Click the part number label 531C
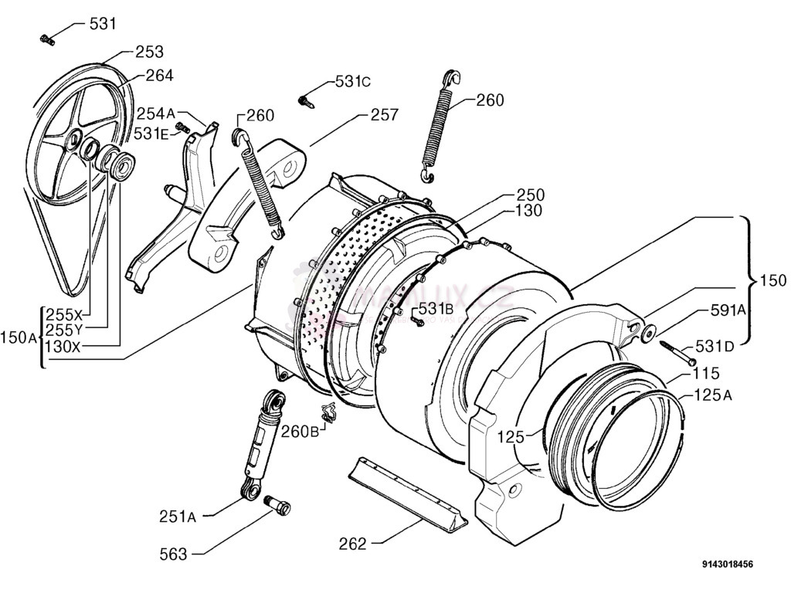(353, 81)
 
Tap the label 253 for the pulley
(149, 52)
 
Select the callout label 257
(384, 115)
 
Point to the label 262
(352, 544)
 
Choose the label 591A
(728, 310)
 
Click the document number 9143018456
(728, 565)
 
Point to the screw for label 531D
(677, 354)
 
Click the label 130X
(63, 347)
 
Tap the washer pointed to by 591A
(647, 333)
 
